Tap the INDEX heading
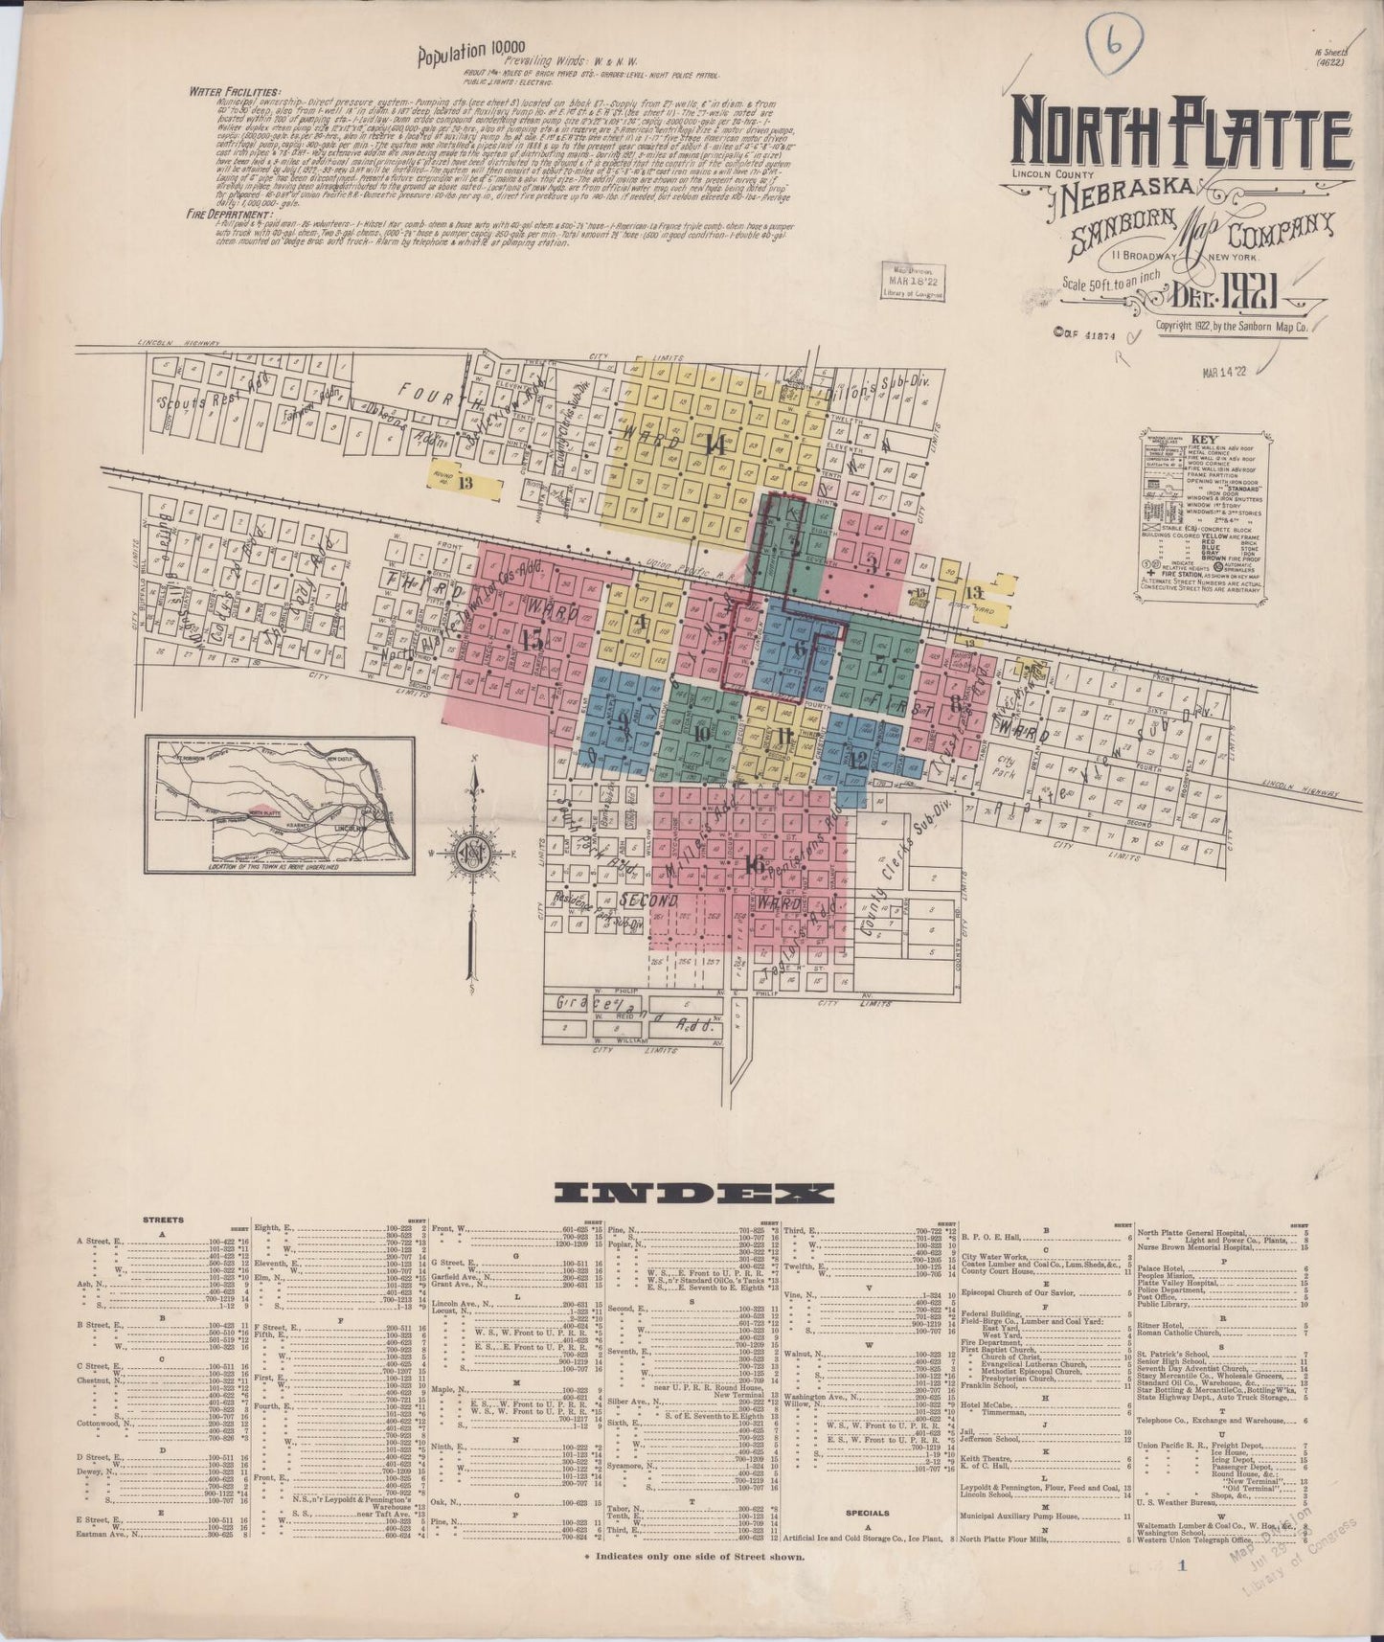click(x=693, y=1193)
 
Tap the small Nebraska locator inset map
click(x=280, y=805)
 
